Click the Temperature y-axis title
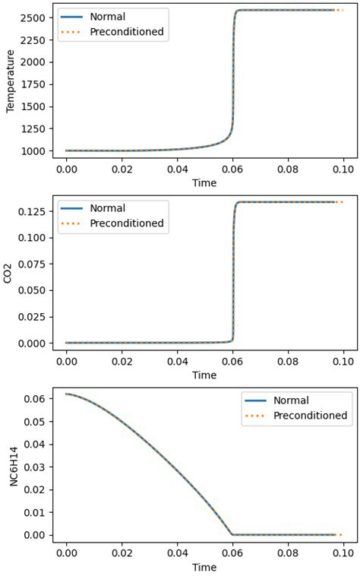11,81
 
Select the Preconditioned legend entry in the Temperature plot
126,31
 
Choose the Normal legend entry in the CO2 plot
107,208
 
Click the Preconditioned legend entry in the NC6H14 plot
310,416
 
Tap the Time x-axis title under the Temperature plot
204,182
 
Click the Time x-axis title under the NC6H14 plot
204,567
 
